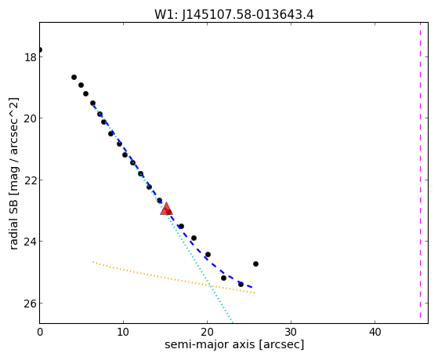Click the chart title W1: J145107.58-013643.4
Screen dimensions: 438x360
click(x=234, y=14)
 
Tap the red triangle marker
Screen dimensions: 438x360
click(x=166, y=209)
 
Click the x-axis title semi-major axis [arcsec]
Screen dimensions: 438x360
click(x=234, y=344)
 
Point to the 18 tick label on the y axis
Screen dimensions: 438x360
click(x=30, y=57)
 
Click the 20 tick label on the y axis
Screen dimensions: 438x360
click(x=30, y=118)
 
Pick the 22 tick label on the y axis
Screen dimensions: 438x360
click(x=30, y=180)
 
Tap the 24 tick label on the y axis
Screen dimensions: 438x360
click(x=30, y=242)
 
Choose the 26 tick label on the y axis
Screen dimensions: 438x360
click(x=30, y=304)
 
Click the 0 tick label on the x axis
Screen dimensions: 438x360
click(x=40, y=332)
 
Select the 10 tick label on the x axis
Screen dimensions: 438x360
click(x=123, y=332)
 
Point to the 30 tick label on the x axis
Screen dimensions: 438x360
click(x=291, y=332)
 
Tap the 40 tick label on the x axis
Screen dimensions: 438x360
click(x=375, y=332)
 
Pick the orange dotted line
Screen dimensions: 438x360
click(x=173, y=278)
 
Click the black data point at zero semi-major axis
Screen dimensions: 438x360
click(x=40, y=49)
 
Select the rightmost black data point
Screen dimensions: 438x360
click(x=255, y=264)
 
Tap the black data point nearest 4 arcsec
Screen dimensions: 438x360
click(x=74, y=77)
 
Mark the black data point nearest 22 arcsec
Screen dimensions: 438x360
click(x=223, y=278)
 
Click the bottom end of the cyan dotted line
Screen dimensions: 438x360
click(x=233, y=322)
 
